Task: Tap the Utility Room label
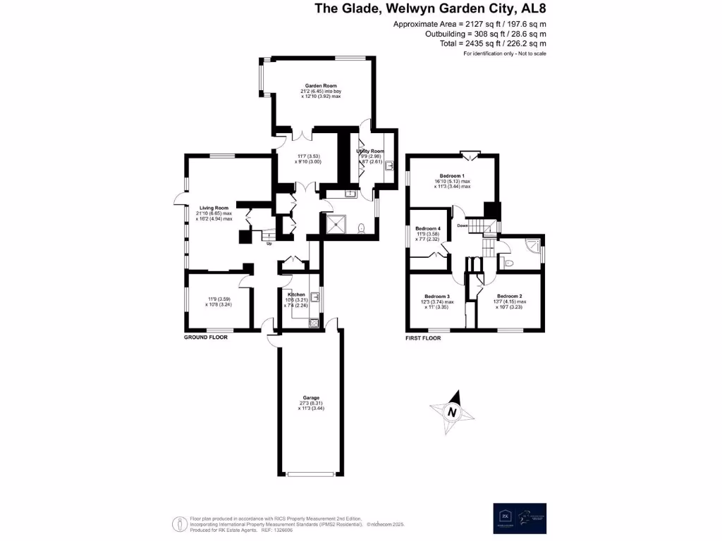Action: click(x=370, y=151)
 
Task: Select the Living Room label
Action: click(x=215, y=208)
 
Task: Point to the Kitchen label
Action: click(x=295, y=294)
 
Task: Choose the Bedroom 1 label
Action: click(x=452, y=176)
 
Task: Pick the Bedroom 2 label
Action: click(x=509, y=297)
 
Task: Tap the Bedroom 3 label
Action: click(x=437, y=297)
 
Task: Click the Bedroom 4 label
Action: click(x=428, y=229)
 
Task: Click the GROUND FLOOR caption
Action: click(x=206, y=338)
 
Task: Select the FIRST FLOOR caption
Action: click(x=423, y=338)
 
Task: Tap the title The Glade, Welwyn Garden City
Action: click(x=430, y=9)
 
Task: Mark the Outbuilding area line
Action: click(x=485, y=34)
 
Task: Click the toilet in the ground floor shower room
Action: click(x=362, y=228)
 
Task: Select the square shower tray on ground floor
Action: click(x=336, y=224)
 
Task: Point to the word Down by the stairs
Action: click(x=463, y=226)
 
